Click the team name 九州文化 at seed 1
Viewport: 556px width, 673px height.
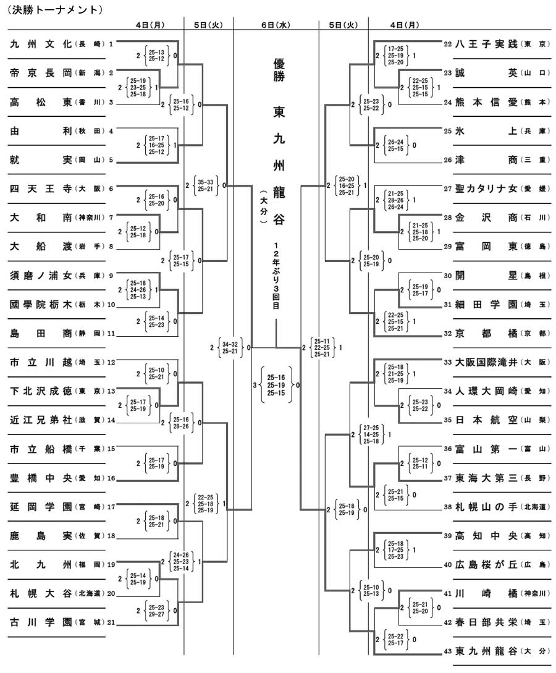coord(41,44)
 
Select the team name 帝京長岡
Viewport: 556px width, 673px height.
coord(41,73)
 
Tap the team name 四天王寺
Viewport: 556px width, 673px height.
coord(41,188)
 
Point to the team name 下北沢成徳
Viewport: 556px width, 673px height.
coord(41,391)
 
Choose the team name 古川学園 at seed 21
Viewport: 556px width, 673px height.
coord(41,622)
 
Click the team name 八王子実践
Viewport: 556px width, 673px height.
coord(487,44)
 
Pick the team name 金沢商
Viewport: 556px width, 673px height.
coord(487,218)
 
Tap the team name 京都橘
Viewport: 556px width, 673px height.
coord(487,334)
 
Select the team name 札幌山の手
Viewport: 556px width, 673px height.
coord(487,507)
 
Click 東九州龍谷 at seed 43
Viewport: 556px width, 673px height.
coord(487,651)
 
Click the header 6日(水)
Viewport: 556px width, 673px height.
coord(276,25)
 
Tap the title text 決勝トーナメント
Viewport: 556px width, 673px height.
coord(56,10)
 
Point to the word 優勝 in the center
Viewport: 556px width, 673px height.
coord(279,70)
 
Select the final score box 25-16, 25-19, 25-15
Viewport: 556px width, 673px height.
coord(276,385)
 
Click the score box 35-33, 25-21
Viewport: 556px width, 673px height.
coord(206,185)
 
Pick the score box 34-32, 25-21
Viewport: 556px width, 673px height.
coord(230,347)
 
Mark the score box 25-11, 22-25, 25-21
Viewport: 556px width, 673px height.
coord(322,348)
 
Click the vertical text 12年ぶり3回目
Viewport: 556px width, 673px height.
coord(276,276)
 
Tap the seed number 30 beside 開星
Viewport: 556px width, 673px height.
coord(448,276)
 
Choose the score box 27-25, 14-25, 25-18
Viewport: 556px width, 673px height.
coord(371,434)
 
